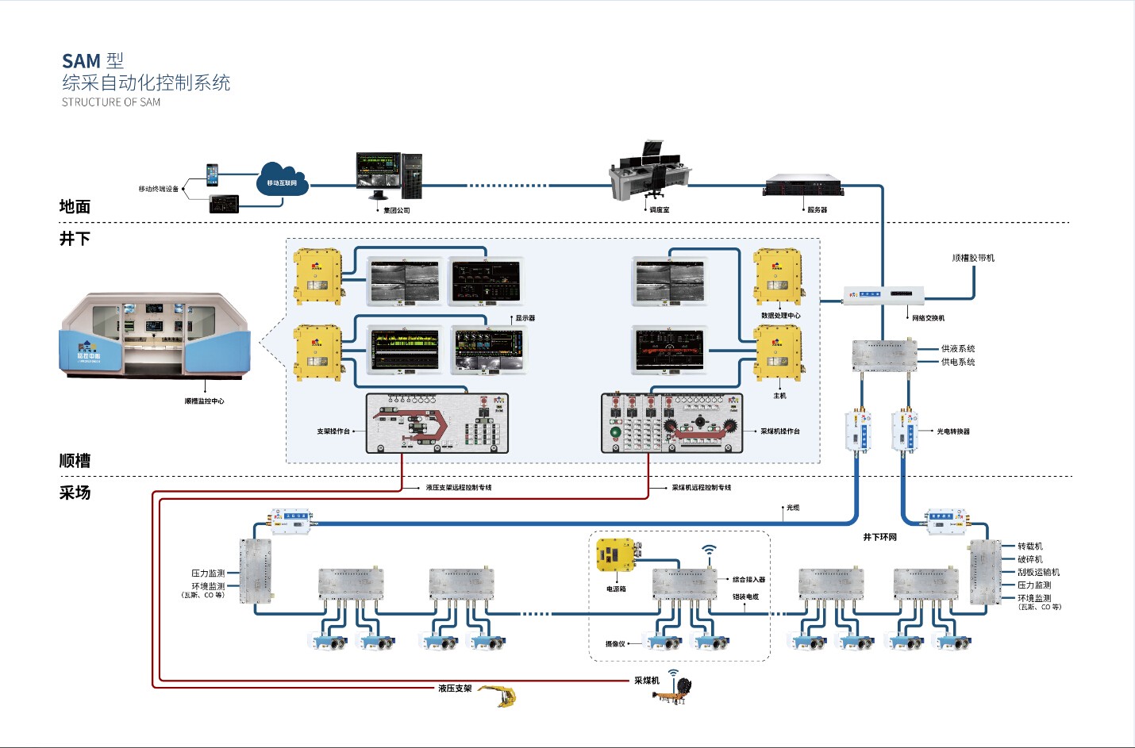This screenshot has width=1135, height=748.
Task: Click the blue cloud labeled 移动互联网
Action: tap(283, 180)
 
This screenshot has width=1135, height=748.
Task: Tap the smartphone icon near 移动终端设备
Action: tap(212, 175)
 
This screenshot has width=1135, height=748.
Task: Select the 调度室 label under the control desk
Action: tap(660, 210)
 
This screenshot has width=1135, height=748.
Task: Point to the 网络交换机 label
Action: tap(928, 318)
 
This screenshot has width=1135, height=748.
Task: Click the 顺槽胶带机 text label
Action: tap(973, 258)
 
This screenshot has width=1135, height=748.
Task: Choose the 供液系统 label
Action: tap(958, 349)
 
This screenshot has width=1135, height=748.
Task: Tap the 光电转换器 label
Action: tap(953, 432)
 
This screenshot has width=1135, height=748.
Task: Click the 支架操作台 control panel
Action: tap(437, 424)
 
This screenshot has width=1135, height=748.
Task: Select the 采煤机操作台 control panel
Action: tap(671, 424)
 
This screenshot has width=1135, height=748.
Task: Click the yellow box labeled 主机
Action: tap(778, 354)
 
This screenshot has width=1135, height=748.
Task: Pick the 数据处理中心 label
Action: tap(781, 316)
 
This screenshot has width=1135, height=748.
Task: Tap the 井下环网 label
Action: tap(880, 537)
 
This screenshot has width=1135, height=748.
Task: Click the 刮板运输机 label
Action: tap(1038, 572)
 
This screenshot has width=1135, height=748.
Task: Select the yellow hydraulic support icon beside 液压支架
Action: tap(499, 696)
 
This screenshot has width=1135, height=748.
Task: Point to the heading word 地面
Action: tap(75, 207)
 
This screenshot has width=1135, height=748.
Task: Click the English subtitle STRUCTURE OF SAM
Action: tap(111, 102)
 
